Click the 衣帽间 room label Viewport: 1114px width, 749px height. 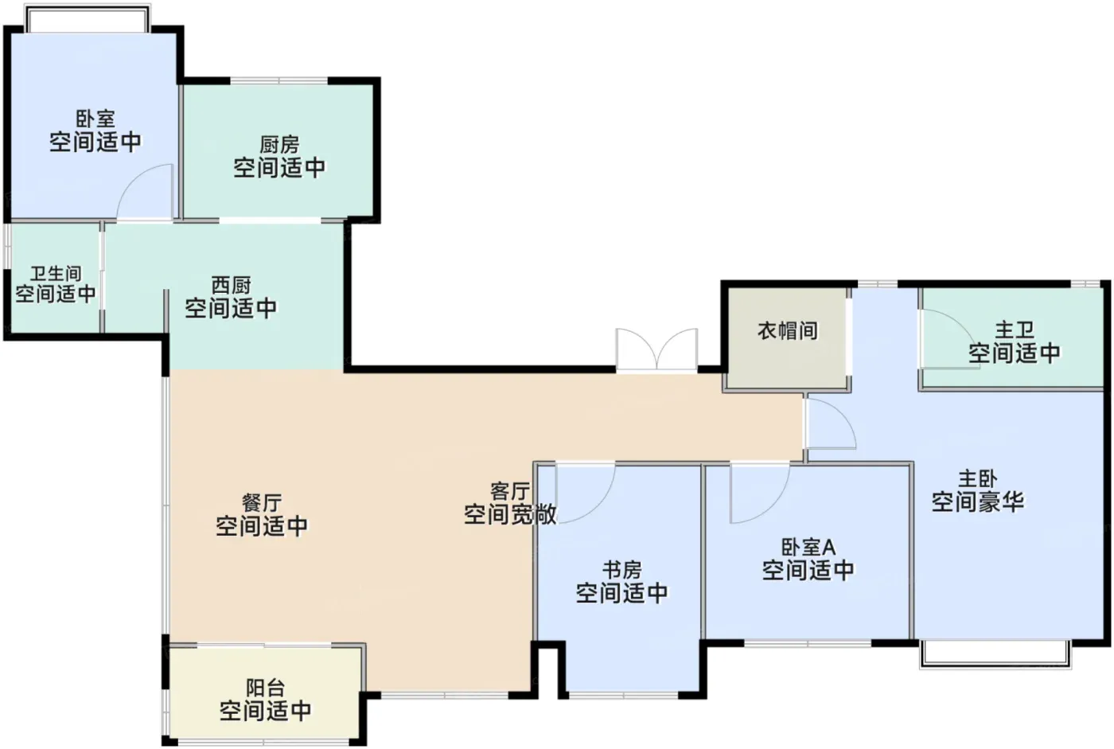[x=788, y=330]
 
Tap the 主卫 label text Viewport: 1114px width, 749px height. [x=1015, y=330]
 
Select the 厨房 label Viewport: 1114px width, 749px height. [x=279, y=145]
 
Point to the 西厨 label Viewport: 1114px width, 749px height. [x=232, y=286]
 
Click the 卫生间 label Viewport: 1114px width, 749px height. [x=56, y=273]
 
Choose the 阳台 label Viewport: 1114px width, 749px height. [x=266, y=688]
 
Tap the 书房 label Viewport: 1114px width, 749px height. [x=622, y=570]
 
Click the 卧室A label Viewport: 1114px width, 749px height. [x=808, y=548]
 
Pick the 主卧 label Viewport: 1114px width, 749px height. [x=978, y=479]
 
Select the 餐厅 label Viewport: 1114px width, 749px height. [x=262, y=503]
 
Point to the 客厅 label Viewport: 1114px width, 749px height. [x=510, y=491]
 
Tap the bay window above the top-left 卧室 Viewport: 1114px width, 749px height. [x=88, y=19]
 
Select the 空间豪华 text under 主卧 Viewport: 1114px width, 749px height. [x=978, y=501]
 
